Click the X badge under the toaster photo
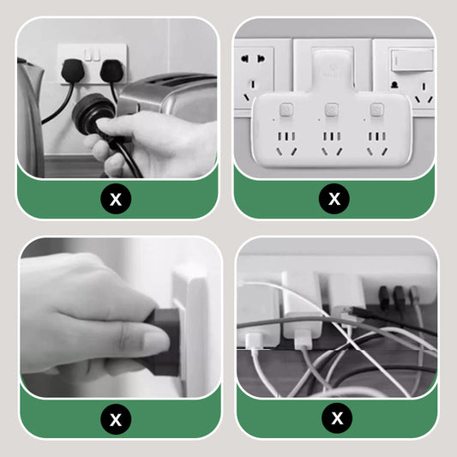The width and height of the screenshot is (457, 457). coord(116,199)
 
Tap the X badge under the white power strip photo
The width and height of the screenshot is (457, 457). coord(334,199)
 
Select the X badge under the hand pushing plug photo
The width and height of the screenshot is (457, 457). coord(116,419)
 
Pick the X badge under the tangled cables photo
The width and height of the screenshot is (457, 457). coord(337,418)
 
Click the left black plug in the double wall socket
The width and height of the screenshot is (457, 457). coord(73,70)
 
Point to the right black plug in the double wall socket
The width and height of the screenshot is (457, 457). coord(111,70)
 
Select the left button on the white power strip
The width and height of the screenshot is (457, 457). coord(286,110)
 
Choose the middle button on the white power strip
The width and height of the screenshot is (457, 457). coord(331,110)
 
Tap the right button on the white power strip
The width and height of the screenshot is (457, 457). coord(377,110)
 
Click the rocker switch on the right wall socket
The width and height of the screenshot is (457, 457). coord(412,60)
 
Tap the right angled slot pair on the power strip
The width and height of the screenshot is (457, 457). coord(377,152)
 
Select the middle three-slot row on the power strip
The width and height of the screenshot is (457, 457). coord(332,136)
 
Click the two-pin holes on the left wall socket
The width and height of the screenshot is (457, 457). coord(253,59)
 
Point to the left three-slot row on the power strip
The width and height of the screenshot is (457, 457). coord(286,136)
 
